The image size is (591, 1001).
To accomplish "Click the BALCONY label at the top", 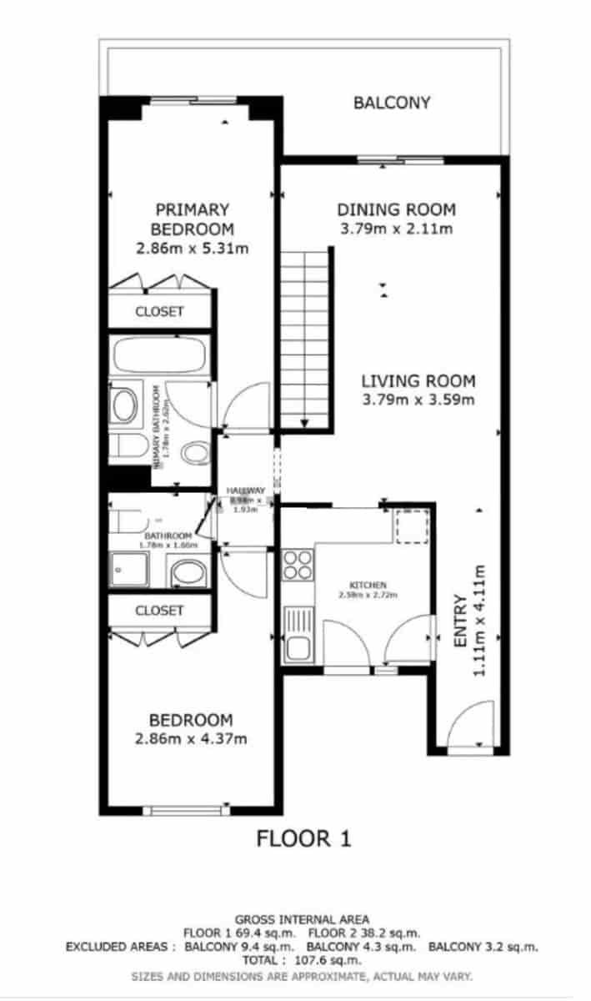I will point(392,103).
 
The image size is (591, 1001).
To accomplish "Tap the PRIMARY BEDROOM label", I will point(192,219).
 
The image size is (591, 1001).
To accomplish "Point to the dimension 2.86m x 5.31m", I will point(193,248).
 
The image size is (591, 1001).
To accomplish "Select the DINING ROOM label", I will point(396,209).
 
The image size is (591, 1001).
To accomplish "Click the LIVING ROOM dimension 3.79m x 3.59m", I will point(418,400).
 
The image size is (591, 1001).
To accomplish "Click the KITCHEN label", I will point(367,585).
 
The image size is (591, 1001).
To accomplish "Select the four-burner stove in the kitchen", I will point(297,565).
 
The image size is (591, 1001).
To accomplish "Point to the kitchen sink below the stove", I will point(297,634).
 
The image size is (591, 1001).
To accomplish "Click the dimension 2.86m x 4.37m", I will point(192,738).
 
